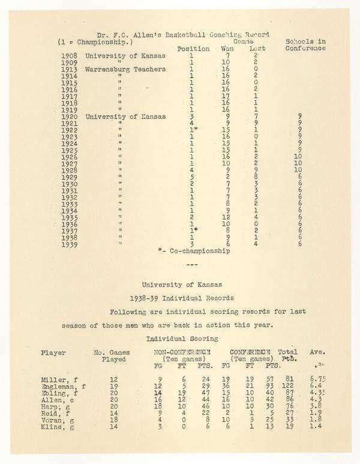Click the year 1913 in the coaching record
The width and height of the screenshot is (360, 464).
pyautogui.click(x=69, y=69)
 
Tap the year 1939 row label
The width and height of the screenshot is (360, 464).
pyautogui.click(x=69, y=244)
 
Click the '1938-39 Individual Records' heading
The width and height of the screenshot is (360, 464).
pyautogui.click(x=180, y=298)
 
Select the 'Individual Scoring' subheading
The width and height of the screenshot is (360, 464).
pyautogui.click(x=180, y=339)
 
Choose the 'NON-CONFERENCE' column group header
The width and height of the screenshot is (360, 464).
pyautogui.click(x=182, y=352)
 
